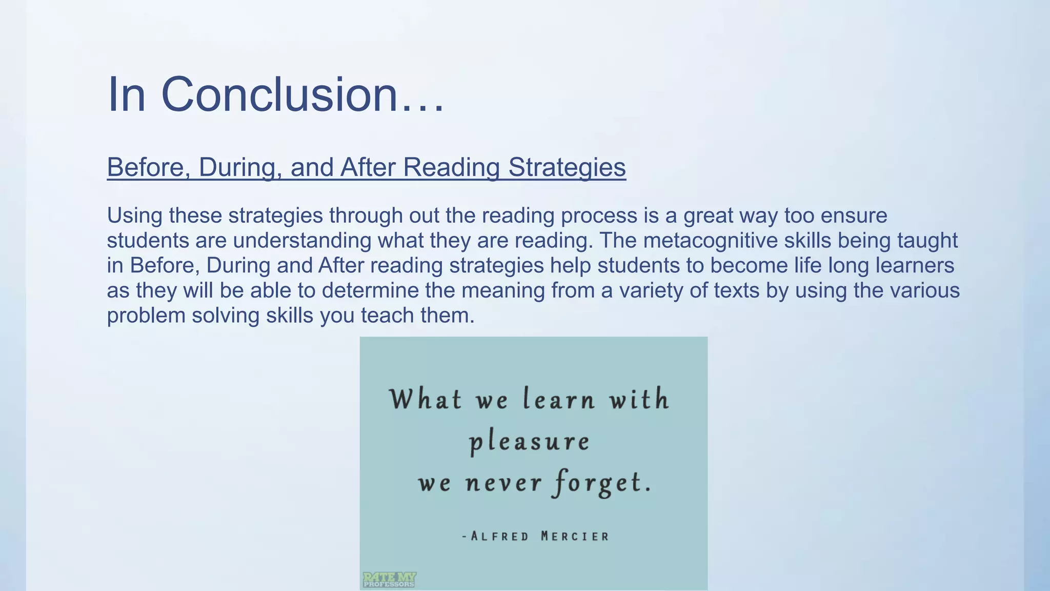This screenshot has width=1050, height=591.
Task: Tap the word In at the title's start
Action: pyautogui.click(x=126, y=94)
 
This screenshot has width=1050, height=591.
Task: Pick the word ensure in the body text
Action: pyautogui.click(x=854, y=215)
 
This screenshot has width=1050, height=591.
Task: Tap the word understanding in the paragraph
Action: pyautogui.click(x=302, y=240)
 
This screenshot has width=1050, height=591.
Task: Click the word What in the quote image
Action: pyautogui.click(x=426, y=399)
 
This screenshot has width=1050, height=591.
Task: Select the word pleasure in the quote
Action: pyautogui.click(x=529, y=442)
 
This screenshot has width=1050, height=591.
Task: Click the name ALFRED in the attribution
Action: pyautogui.click(x=499, y=537)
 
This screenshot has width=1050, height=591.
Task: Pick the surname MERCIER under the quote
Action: pyautogui.click(x=575, y=537)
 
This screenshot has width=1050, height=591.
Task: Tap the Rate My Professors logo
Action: pyautogui.click(x=389, y=580)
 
